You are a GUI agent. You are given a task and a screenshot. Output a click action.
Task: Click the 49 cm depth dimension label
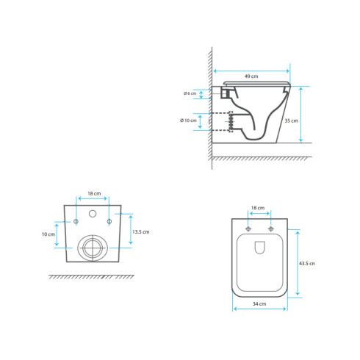point(251,76)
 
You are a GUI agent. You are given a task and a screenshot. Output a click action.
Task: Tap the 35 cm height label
point(291,120)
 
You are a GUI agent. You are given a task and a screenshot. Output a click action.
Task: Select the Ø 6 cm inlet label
point(190,93)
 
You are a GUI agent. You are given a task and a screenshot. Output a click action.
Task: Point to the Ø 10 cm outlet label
point(188,120)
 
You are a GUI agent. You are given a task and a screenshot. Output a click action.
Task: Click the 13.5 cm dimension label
point(141,231)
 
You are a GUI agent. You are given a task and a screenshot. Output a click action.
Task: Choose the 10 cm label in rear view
point(48,234)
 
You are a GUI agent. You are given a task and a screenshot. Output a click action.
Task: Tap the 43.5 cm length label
point(306,264)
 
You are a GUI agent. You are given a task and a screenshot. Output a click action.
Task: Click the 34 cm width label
point(259,304)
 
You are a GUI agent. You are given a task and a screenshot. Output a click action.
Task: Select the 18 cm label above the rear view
point(94,193)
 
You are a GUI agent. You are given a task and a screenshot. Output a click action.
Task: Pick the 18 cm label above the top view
point(258,208)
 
